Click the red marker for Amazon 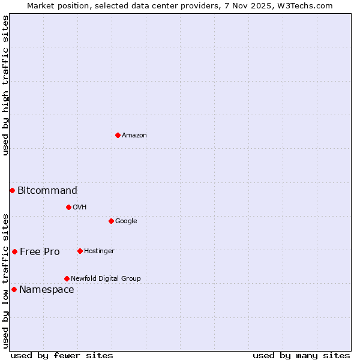(x=118, y=135)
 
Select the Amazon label (x=134, y=136)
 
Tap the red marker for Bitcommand (x=12, y=190)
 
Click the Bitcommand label (x=47, y=191)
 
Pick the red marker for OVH (x=68, y=207)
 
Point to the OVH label (x=80, y=208)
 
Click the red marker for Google (x=111, y=221)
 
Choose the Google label (x=126, y=221)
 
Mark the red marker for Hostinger (x=80, y=251)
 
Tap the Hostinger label (x=99, y=251)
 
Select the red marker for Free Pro (x=14, y=251)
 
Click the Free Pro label (x=40, y=252)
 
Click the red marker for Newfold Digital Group (x=67, y=278)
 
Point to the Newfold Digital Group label (x=106, y=279)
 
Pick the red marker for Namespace (x=14, y=289)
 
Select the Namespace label (x=47, y=290)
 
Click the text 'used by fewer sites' (x=62, y=356)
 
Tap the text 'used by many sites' (x=301, y=356)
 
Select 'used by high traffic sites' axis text (x=5, y=85)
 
